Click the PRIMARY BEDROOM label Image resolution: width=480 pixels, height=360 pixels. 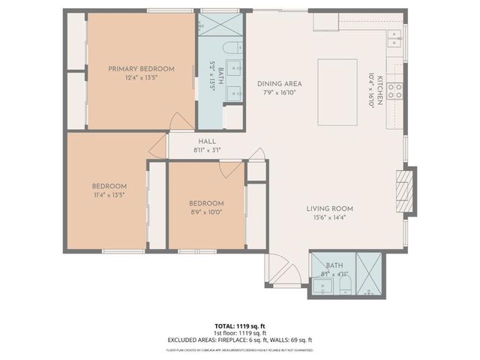click(x=141, y=69)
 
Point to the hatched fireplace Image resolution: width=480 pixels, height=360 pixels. click(x=403, y=192)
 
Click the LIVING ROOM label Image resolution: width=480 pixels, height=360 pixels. click(x=329, y=208)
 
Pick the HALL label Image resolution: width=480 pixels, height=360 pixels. click(x=207, y=141)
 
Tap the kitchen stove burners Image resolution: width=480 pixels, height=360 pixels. click(x=396, y=91)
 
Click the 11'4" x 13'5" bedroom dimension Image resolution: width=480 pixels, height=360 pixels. click(x=109, y=194)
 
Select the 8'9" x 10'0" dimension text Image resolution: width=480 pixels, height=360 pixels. click(x=205, y=211)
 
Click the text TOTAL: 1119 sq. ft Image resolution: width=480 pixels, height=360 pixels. click(x=239, y=325)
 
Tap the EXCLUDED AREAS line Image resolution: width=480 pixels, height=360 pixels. click(x=240, y=340)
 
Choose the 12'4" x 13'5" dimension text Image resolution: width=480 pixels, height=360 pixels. click(x=141, y=77)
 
